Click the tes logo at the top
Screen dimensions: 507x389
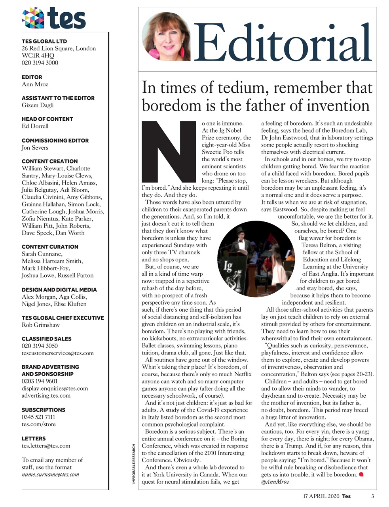tap(53, 18)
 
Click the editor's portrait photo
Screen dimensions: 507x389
tap(166, 36)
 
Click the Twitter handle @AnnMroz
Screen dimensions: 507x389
tap(275, 482)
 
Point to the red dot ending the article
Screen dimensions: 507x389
tap(361, 474)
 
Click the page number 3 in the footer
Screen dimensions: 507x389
tap(372, 496)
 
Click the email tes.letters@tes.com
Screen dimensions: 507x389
tap(46, 446)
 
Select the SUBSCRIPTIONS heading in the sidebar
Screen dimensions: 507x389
tap(44, 410)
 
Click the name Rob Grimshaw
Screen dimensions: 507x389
tap(41, 325)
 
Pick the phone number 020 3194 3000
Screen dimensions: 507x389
tap(40, 63)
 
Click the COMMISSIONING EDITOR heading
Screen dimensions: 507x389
tap(55, 140)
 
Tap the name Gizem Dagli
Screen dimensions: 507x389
tap(38, 105)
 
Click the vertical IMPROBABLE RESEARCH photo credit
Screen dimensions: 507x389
tap(134, 463)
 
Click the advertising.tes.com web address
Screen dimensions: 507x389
tap(46, 395)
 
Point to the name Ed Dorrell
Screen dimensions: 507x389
tap(35, 126)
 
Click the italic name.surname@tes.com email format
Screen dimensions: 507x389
tap(50, 474)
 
